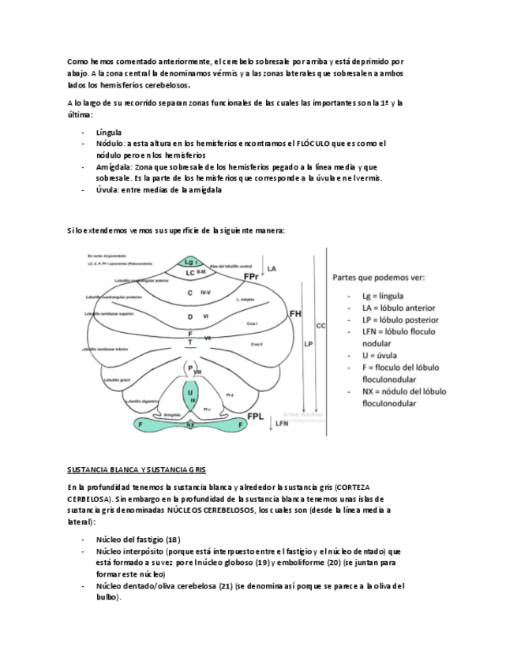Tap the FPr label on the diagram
point(251,278)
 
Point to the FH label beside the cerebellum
point(295,314)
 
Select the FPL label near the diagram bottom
point(256,416)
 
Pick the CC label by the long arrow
point(320,324)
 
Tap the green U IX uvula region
point(191,394)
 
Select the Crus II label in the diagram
point(256,345)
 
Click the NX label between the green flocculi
point(190,424)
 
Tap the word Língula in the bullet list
point(108,133)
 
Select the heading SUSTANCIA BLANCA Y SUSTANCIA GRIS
point(136,468)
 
